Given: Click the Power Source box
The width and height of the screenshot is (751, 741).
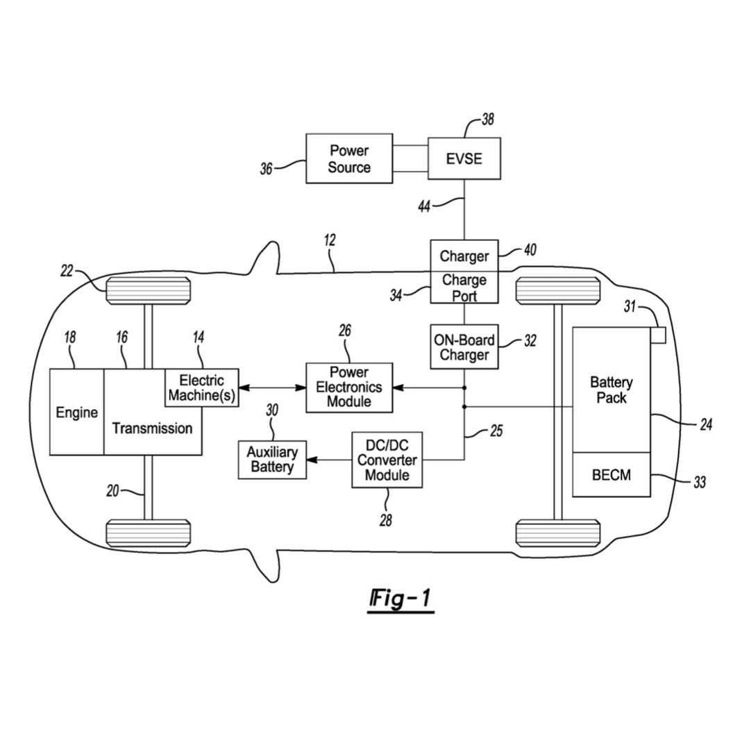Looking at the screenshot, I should (x=349, y=159).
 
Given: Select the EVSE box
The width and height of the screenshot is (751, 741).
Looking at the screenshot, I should (x=464, y=159).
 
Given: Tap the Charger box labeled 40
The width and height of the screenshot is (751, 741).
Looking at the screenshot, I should (x=464, y=256).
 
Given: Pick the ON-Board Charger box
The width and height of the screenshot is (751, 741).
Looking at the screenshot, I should (x=464, y=347).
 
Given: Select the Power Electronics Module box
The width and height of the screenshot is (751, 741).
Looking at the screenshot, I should (x=348, y=388).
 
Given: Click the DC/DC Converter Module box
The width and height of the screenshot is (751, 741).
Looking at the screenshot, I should (x=387, y=460).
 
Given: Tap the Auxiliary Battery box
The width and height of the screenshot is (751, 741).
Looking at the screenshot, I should (x=272, y=460).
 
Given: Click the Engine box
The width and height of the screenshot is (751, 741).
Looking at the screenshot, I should (x=76, y=413).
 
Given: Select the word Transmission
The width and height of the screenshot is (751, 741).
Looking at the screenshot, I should (x=152, y=428).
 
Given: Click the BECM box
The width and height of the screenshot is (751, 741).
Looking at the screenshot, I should (x=611, y=475).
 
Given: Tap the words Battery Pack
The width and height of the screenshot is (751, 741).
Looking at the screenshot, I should (x=611, y=390).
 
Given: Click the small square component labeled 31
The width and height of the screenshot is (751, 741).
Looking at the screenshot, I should (x=658, y=335).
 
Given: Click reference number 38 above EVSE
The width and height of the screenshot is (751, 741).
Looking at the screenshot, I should (x=488, y=119).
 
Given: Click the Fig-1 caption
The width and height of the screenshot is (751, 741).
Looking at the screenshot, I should (x=400, y=598).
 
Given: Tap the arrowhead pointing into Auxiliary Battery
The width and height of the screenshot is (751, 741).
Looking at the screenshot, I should (x=312, y=460).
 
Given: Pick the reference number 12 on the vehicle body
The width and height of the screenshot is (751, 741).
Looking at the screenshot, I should (x=330, y=240).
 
